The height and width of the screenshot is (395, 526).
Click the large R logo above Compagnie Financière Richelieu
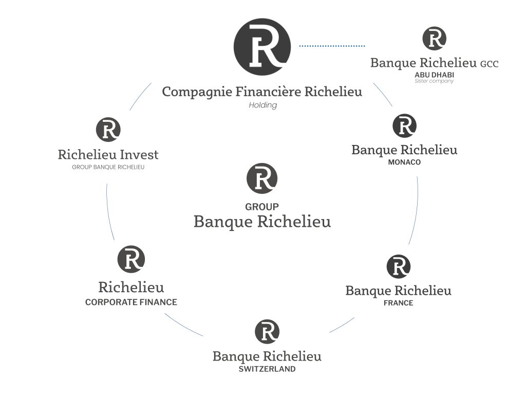pyautogui.click(x=262, y=47)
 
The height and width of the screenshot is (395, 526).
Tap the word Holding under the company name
pyautogui.click(x=262, y=105)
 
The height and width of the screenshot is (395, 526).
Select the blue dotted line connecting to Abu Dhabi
pyautogui.click(x=332, y=46)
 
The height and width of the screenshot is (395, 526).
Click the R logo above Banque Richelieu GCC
pyautogui.click(x=434, y=39)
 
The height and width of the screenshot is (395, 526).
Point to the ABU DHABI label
pyautogui.click(x=434, y=75)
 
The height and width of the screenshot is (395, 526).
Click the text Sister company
pyautogui.click(x=434, y=81)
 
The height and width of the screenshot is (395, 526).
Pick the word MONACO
pyautogui.click(x=404, y=163)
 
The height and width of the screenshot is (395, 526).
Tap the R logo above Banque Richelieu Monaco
pyautogui.click(x=404, y=126)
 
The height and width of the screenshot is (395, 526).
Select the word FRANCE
pyautogui.click(x=398, y=303)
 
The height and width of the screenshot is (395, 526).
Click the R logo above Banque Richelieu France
pyautogui.click(x=398, y=266)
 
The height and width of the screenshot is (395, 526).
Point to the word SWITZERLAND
pyautogui.click(x=267, y=369)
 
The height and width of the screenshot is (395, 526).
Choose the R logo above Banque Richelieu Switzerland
pyautogui.click(x=267, y=332)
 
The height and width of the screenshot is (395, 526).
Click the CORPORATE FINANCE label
pyautogui.click(x=131, y=302)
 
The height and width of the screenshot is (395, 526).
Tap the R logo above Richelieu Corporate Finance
pyautogui.click(x=131, y=259)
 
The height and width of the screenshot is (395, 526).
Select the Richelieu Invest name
pyautogui.click(x=108, y=154)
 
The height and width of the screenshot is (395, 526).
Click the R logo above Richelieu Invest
pyautogui.click(x=108, y=130)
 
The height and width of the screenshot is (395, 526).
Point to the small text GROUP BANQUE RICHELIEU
pyautogui.click(x=108, y=167)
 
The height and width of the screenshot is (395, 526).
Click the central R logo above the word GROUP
pyautogui.click(x=262, y=178)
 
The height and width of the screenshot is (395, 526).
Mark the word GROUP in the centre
pyautogui.click(x=262, y=207)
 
